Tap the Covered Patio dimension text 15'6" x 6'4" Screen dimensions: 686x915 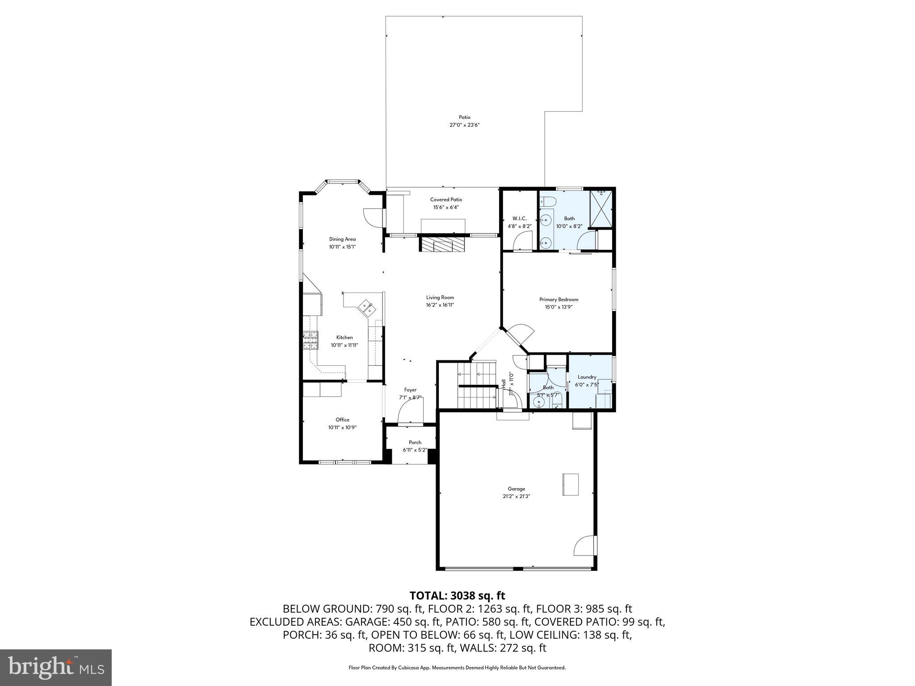[x=446, y=207]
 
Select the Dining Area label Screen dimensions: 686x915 [x=342, y=239]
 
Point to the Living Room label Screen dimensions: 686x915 [x=440, y=297]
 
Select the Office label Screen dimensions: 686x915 [x=342, y=420]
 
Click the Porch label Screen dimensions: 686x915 [x=415, y=443]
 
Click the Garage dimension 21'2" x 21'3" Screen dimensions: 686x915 [x=516, y=496]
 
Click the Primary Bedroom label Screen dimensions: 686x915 [x=558, y=300]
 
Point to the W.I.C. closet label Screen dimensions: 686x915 [x=520, y=218]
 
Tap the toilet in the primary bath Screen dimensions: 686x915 [x=548, y=202]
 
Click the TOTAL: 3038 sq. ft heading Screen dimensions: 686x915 [x=457, y=595]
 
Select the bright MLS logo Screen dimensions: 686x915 [x=56, y=667]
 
